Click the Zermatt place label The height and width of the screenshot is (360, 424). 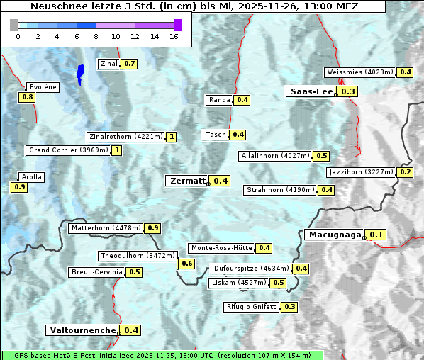point(186,181)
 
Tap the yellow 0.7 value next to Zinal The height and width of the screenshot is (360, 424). point(129,64)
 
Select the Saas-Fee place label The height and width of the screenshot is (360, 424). point(311,91)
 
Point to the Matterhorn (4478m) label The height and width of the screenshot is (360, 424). point(105,228)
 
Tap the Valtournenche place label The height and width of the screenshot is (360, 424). point(82,330)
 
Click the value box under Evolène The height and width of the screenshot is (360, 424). point(27,97)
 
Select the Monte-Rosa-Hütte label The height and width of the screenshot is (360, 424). point(221,248)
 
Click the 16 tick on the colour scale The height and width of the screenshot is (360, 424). point(174,35)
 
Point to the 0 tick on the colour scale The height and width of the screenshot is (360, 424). point(18,35)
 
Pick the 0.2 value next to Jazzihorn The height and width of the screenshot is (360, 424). point(405,172)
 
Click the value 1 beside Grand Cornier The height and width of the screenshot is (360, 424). point(117,150)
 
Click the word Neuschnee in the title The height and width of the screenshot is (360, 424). point(54,6)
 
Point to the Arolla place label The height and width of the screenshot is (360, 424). point(32,177)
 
